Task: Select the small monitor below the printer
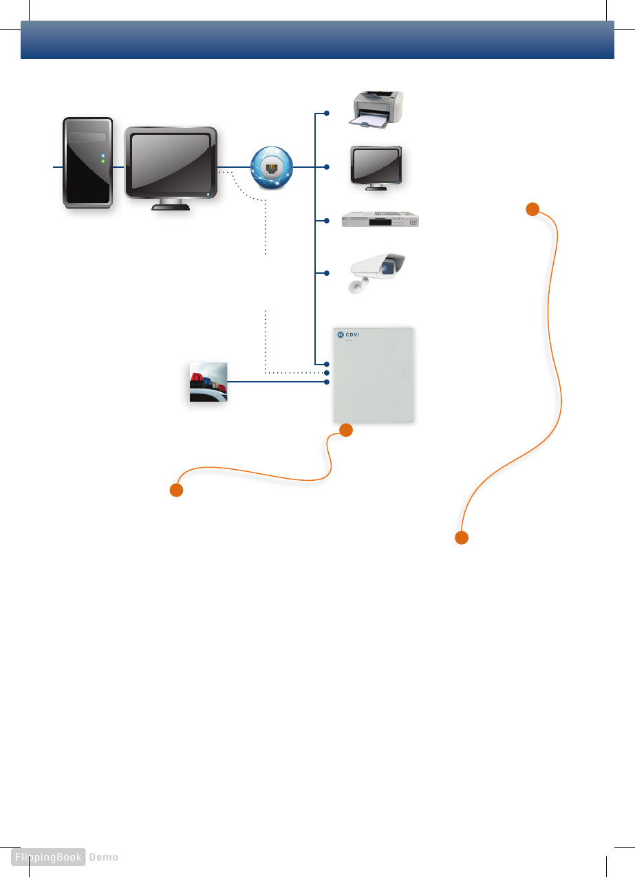coord(376,166)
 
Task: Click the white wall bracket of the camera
coord(358,286)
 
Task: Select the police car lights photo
coord(208,382)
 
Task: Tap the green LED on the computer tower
coord(103,162)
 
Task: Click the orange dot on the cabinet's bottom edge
coord(346,431)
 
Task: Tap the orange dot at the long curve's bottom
coord(462,538)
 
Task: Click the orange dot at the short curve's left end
coord(176,490)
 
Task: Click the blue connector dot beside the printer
coord(327,113)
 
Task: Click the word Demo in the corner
coord(104,857)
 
